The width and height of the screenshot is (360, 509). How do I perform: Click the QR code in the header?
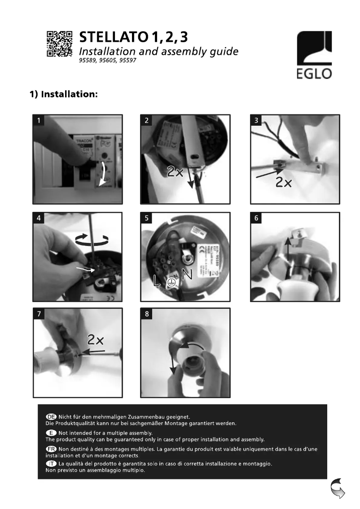pyautogui.click(x=59, y=44)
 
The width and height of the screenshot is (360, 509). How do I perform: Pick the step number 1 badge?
pyautogui.click(x=40, y=120)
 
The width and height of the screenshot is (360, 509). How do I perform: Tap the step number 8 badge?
pyautogui.click(x=147, y=314)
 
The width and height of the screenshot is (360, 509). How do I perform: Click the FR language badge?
pyautogui.click(x=51, y=449)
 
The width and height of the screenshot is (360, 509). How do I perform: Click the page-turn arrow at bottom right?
pyautogui.click(x=337, y=488)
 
